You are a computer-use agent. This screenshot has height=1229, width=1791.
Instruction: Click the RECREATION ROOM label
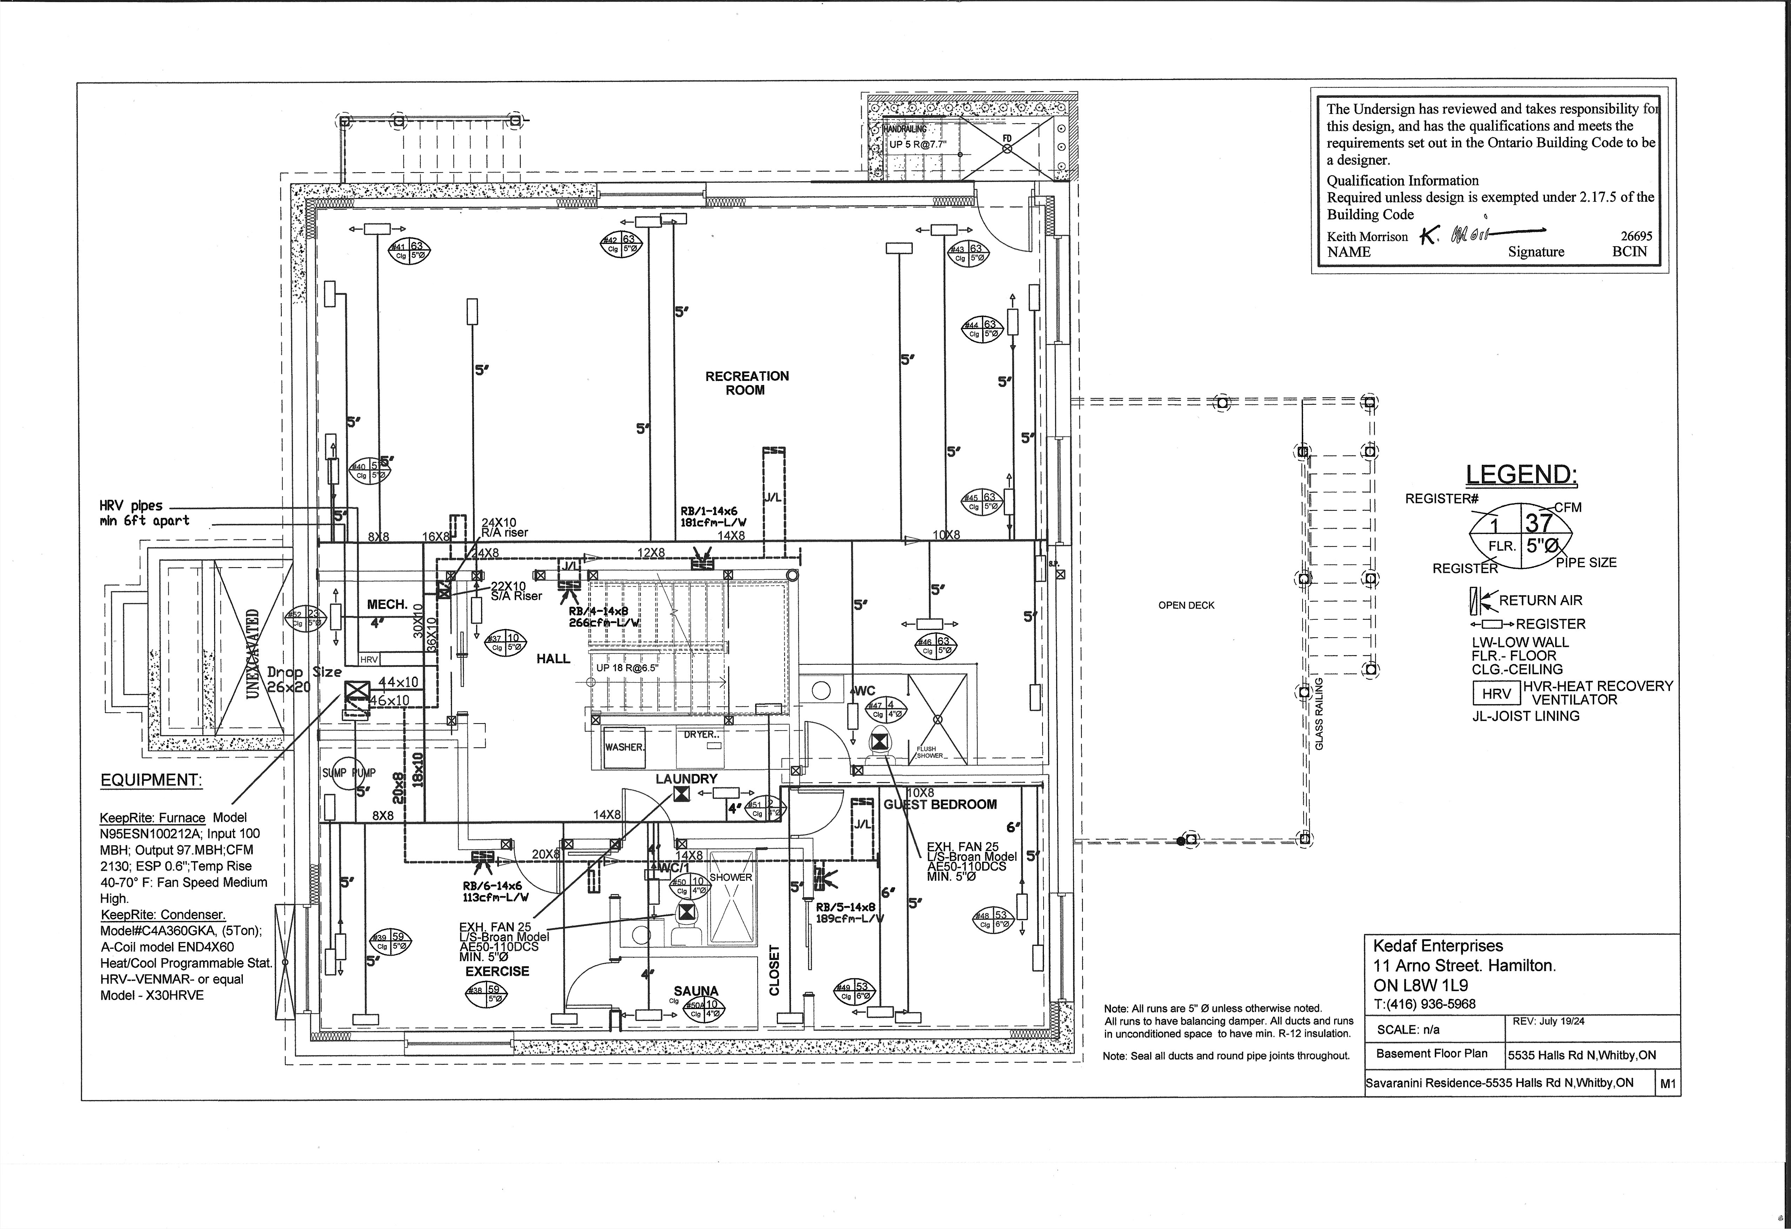point(747,383)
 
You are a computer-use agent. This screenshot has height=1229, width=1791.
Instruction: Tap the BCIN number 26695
point(1636,236)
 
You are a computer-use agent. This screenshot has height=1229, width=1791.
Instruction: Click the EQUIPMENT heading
point(151,780)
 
